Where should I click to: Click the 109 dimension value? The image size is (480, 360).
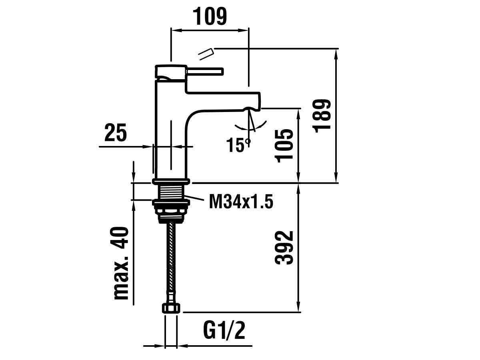click(x=210, y=17)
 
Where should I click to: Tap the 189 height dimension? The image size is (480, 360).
click(x=322, y=115)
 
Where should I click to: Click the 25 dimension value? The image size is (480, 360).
click(x=115, y=133)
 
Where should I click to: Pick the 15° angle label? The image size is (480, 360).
click(x=238, y=144)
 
